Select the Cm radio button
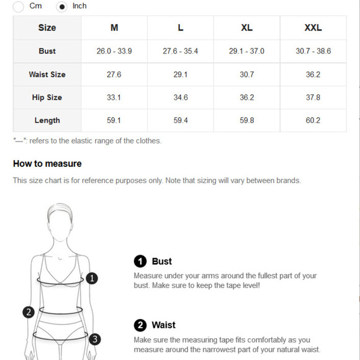pyautogui.click(x=18, y=6)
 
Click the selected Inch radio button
pyautogui.click(x=61, y=6)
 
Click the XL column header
pyautogui.click(x=246, y=28)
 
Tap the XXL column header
pyautogui.click(x=313, y=28)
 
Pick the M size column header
pyautogui.click(x=114, y=28)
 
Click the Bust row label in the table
pyautogui.click(x=47, y=51)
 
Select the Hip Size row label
pyautogui.click(x=47, y=97)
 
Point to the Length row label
pyautogui.click(x=47, y=120)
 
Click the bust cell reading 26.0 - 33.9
pyautogui.click(x=114, y=51)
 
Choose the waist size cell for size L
pyautogui.click(x=181, y=74)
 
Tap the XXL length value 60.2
pyautogui.click(x=313, y=120)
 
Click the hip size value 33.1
pyautogui.click(x=114, y=97)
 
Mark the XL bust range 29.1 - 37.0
pyautogui.click(x=246, y=51)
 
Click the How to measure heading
pyautogui.click(x=47, y=164)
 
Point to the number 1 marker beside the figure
pyautogui.click(x=92, y=278)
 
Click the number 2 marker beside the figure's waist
pyautogui.click(x=29, y=312)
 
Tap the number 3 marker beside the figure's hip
pyautogui.click(x=94, y=339)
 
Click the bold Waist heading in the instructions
pyautogui.click(x=163, y=325)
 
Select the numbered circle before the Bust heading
pyautogui.click(x=140, y=261)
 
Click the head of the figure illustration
pyautogui.click(x=60, y=222)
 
